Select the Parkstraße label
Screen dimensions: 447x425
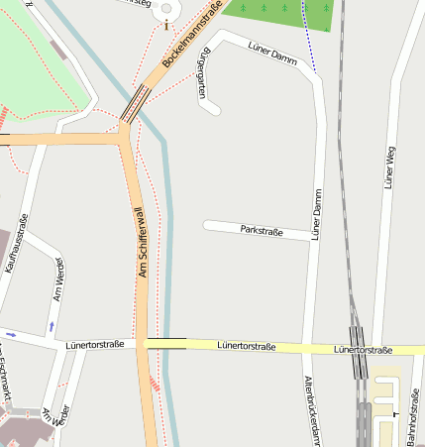[x=262, y=231]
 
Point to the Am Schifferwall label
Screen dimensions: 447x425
[x=140, y=242]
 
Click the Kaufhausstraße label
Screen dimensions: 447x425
[x=16, y=243]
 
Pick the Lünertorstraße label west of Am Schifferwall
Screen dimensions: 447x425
[x=95, y=344]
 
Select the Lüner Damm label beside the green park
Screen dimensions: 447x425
[x=272, y=54]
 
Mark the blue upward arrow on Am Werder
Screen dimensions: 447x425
[x=52, y=325]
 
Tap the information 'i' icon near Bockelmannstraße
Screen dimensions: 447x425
[x=165, y=9]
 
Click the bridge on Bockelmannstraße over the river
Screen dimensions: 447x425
[x=136, y=102]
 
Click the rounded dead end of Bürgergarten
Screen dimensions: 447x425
[x=210, y=108]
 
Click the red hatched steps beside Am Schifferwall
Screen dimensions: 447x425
[x=154, y=384]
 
